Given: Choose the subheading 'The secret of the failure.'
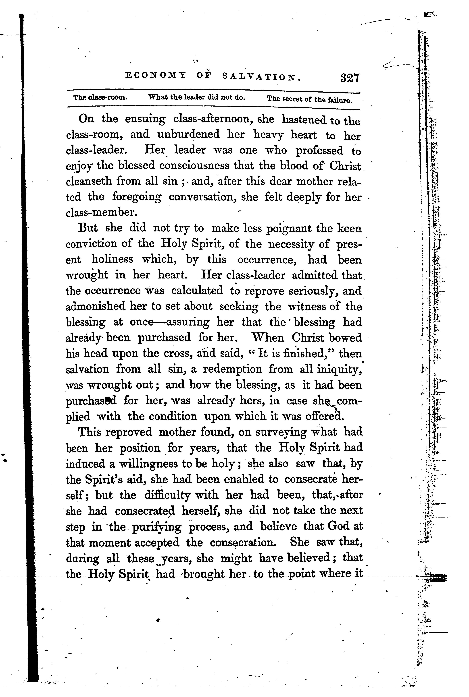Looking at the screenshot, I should pos(310,99).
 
